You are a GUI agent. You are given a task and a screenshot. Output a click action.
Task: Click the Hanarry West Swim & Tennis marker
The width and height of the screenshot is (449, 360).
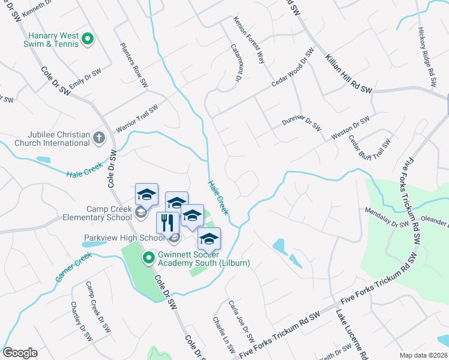click(88, 40)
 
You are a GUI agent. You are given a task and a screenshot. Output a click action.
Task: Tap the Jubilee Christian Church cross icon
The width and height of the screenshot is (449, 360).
click(99, 139)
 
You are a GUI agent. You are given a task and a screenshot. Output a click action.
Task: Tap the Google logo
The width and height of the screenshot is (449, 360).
click(20, 353)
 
